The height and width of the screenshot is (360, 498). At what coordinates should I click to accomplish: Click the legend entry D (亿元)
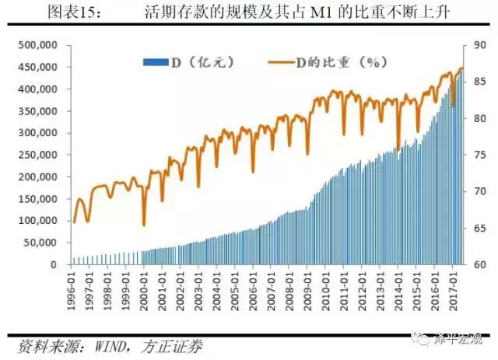tap(190, 61)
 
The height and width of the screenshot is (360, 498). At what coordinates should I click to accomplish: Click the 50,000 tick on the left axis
tap(40, 243)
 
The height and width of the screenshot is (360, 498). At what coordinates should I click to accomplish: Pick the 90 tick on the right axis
tap(477, 46)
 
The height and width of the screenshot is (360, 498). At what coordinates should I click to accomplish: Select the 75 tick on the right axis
tap(477, 155)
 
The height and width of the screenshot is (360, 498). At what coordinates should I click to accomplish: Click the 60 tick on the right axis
tap(477, 264)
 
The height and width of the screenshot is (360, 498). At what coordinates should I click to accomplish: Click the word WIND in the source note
tap(116, 344)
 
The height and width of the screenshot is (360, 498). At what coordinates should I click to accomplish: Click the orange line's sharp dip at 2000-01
tap(145, 225)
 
